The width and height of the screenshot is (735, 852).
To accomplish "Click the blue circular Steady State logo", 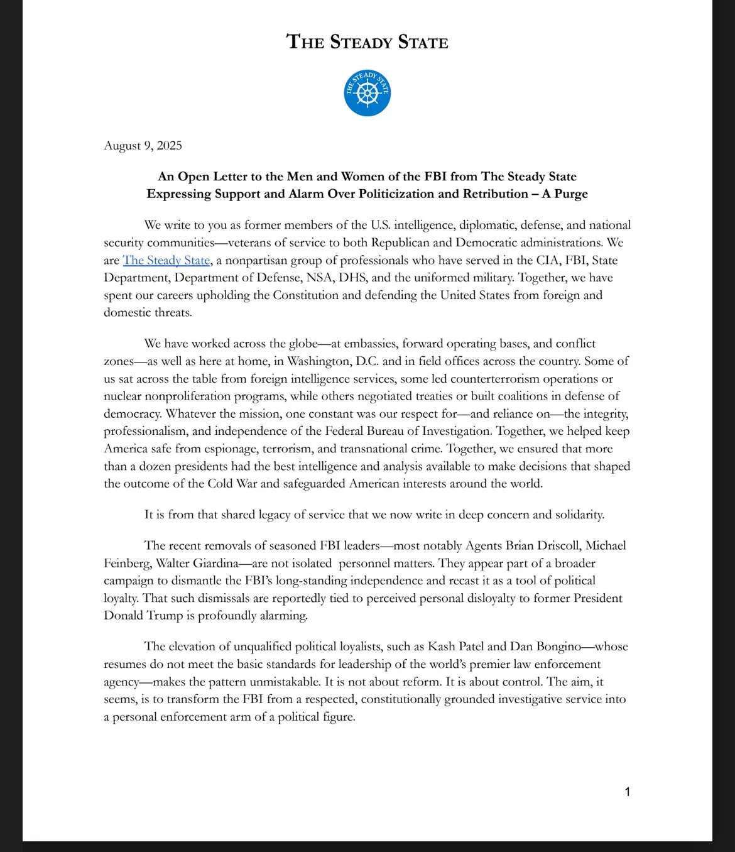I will tap(367, 93).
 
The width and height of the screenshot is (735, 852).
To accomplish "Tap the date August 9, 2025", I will tap(143, 146).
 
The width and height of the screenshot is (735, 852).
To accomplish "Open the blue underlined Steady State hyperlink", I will tap(166, 260).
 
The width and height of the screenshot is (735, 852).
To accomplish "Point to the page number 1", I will tap(627, 792).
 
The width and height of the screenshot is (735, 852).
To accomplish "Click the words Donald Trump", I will tap(143, 616).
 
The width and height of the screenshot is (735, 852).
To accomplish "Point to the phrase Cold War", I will tap(232, 484).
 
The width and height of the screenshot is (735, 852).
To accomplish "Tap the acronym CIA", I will tap(552, 260).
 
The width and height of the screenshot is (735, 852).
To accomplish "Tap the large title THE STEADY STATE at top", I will tap(367, 42).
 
